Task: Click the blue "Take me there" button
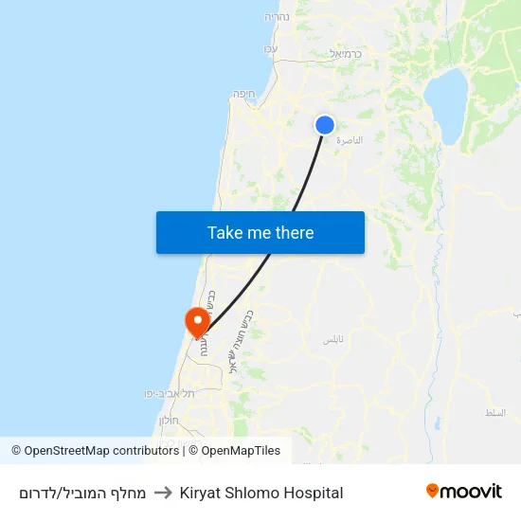tap(260, 232)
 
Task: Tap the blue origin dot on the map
tap(324, 125)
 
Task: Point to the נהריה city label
tap(278, 17)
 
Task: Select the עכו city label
tap(270, 48)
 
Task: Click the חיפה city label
tap(244, 94)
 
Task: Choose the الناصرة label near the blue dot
tap(350, 139)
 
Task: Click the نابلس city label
tap(332, 338)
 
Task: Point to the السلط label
tap(494, 413)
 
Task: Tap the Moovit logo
tap(464, 492)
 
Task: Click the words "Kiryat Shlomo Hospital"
tap(261, 493)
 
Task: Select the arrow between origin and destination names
tap(163, 493)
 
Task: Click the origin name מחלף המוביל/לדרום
tap(82, 493)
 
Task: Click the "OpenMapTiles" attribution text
tap(241, 451)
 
